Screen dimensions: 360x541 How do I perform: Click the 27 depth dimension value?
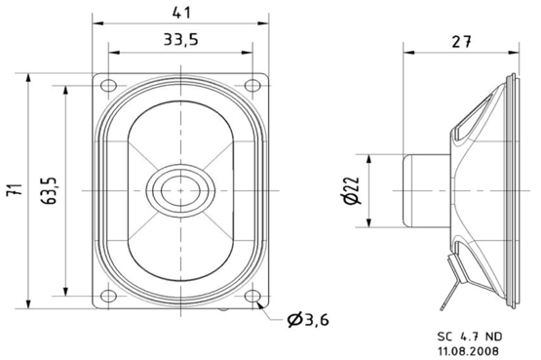[463, 41]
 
